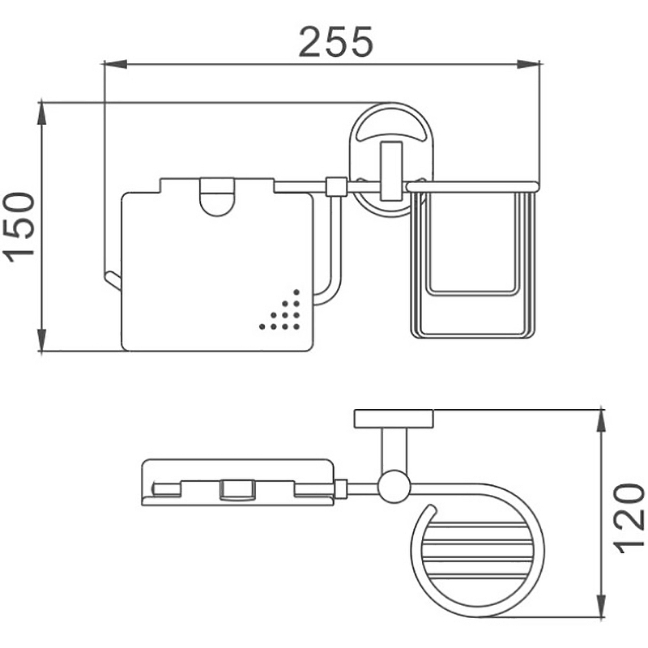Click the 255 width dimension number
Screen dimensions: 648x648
[x=335, y=42]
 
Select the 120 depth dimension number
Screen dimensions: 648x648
[x=629, y=518]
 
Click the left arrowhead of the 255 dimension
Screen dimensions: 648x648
[x=115, y=64]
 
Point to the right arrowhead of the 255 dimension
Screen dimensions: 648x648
[x=529, y=64]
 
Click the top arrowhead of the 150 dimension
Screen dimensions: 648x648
[x=42, y=113]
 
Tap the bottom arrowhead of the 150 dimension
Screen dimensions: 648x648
[x=42, y=339]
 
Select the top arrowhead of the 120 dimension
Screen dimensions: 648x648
[x=602, y=421]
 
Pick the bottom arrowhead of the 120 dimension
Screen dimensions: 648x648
[x=602, y=605]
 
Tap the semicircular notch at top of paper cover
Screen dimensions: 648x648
[x=217, y=198]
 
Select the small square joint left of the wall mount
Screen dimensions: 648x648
[x=336, y=187]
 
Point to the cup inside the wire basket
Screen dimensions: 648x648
[x=472, y=244]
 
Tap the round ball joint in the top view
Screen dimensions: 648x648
[x=394, y=487]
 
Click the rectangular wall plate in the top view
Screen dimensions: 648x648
[x=394, y=419]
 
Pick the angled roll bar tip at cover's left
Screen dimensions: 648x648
[x=113, y=279]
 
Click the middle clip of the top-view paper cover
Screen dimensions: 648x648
[x=237, y=490]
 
